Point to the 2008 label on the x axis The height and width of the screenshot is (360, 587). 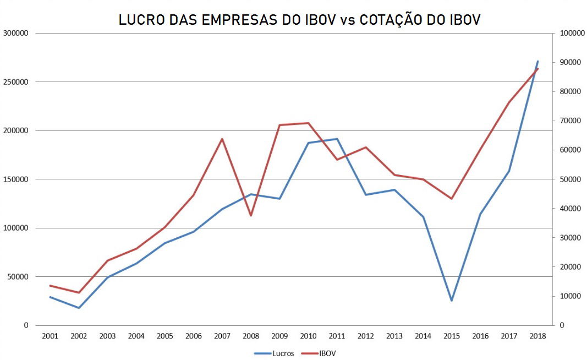point(250,336)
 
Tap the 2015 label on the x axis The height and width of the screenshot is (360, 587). point(452,336)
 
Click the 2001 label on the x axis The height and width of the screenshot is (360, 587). point(50,336)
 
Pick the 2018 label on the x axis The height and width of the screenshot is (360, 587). point(537,336)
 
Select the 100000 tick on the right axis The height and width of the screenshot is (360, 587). point(571,33)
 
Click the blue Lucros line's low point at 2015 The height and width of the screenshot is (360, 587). point(452,301)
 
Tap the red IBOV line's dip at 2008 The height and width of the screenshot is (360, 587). point(250,215)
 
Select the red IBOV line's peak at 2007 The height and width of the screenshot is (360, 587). point(222,139)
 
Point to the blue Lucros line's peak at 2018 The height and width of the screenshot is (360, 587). point(537,61)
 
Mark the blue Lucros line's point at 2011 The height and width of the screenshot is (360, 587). point(337,139)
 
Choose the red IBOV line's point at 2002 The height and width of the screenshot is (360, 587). point(78,292)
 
